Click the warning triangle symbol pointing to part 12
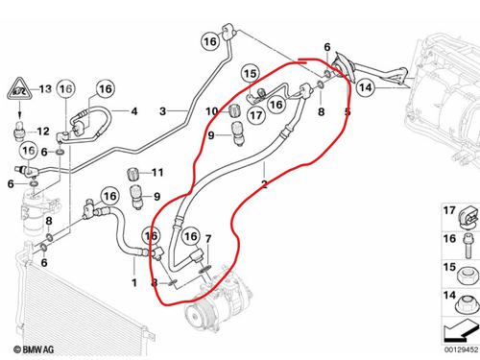[x=19, y=89]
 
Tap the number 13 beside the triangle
[x=45, y=88]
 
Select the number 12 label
[x=43, y=132]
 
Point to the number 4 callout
[x=134, y=111]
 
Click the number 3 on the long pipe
[x=163, y=111]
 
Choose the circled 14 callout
[x=366, y=87]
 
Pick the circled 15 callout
[x=251, y=74]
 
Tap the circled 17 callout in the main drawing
[x=256, y=115]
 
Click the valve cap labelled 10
[x=235, y=110]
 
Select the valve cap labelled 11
[x=132, y=174]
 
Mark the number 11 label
[x=157, y=173]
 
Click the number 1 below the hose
[x=134, y=283]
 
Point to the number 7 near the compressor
[x=208, y=239]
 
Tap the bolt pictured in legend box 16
[x=467, y=246]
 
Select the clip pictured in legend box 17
[x=469, y=218]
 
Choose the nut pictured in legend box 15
[x=468, y=276]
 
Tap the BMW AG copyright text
[x=34, y=349]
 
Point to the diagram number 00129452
[x=461, y=349]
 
